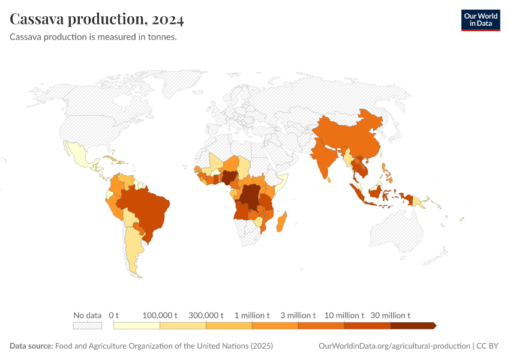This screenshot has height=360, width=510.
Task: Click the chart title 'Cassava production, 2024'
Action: coord(97,19)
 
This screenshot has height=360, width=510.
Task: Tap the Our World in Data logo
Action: coord(480,20)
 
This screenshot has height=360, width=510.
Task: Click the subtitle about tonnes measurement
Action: coord(93,37)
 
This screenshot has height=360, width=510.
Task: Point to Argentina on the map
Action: coord(133,246)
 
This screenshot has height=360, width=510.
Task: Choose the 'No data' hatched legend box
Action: coord(88,326)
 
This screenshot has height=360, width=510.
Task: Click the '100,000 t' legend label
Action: coord(160,315)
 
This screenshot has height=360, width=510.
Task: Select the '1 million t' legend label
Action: coord(252,315)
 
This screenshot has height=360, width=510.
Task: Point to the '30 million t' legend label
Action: coord(390,315)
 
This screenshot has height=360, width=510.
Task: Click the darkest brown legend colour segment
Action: coord(412,326)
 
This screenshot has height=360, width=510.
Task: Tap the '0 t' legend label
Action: coord(114,315)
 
